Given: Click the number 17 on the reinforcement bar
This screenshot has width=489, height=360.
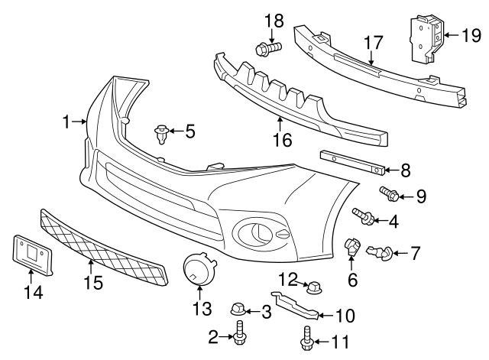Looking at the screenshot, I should tap(372, 42).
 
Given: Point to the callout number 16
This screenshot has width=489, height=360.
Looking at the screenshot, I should tap(283, 141).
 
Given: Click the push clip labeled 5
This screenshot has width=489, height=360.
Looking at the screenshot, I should tap(161, 135).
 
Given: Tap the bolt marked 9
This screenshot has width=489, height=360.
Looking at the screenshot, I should tap(389, 194).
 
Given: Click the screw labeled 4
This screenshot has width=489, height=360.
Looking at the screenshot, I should tap(362, 218).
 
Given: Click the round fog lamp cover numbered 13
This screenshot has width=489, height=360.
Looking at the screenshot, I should tap(200, 270).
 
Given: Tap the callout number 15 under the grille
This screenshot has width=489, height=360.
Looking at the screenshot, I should tap(92, 282).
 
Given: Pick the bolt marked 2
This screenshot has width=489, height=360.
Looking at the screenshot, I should tap(240, 334).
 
